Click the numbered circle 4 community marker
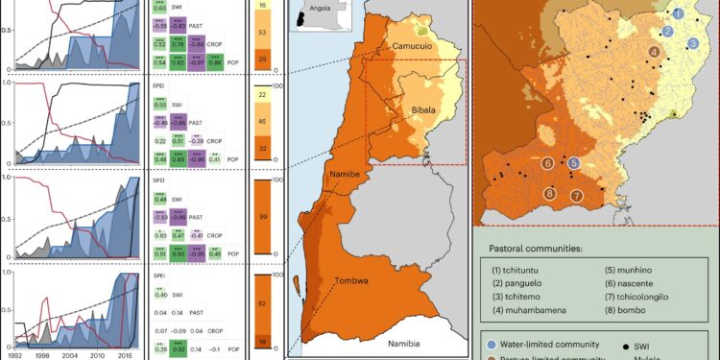654,52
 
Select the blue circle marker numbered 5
573,164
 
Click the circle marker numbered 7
578,196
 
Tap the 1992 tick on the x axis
12,353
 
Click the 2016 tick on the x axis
125,353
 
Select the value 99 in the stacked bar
261,222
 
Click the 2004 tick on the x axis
68,353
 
